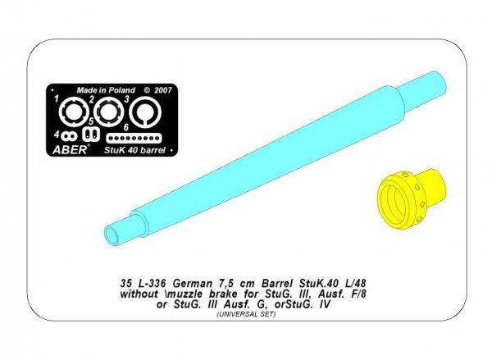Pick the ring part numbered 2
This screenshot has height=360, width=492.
click(107, 112)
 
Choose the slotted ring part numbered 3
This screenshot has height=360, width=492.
click(146, 112)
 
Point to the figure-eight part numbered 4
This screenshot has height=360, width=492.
click(69, 134)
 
